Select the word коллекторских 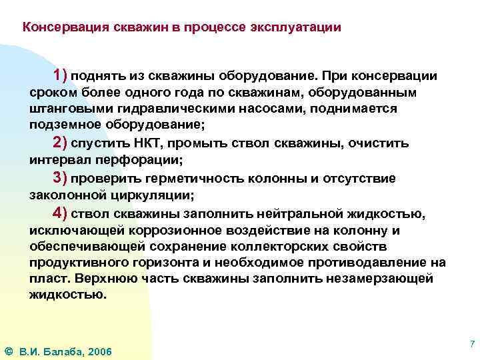tap(303, 247)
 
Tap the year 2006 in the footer tap(99, 351)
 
